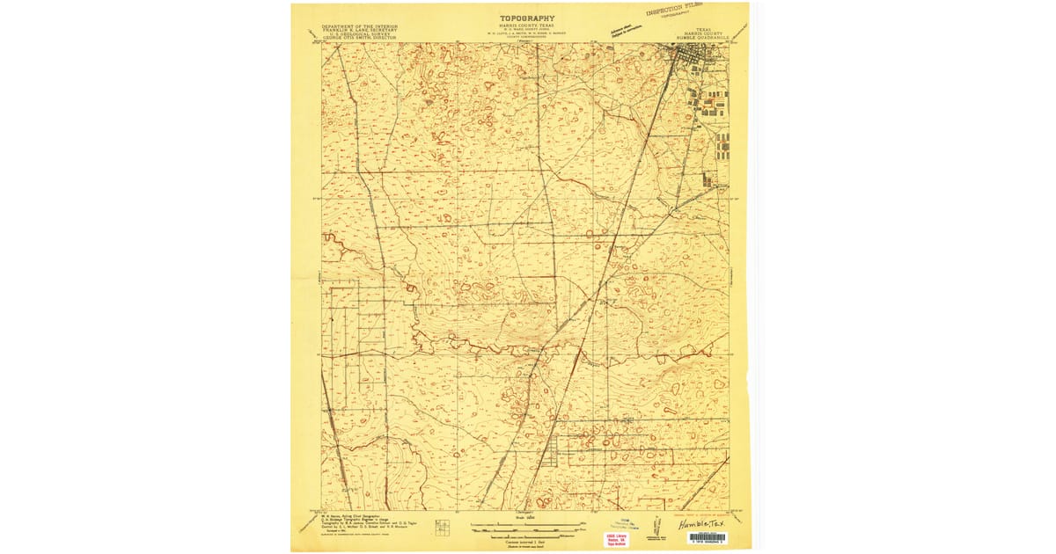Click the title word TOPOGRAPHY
point(527,18)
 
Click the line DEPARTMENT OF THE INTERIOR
point(359,26)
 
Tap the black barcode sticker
point(706,537)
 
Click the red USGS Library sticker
point(616,540)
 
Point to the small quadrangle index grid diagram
point(443,527)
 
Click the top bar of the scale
point(527,524)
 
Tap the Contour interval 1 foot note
point(527,542)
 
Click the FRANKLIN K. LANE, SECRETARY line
point(359,32)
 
